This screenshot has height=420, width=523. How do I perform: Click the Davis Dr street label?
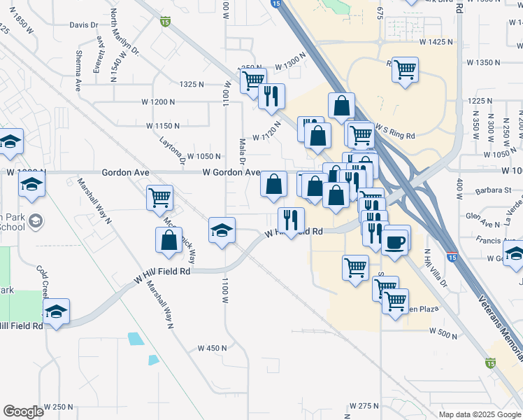click(84, 25)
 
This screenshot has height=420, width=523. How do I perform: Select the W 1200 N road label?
click(158, 102)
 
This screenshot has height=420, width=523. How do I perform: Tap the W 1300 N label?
click(291, 65)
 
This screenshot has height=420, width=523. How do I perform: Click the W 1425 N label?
click(436, 43)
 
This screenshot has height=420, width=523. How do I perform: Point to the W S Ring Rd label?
click(395, 130)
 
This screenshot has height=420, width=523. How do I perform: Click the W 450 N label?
click(213, 348)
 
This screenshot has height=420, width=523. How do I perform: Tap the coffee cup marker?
click(396, 241)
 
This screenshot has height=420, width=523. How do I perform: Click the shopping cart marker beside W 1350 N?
click(405, 70)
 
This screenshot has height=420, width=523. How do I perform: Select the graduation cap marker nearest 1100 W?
click(222, 230)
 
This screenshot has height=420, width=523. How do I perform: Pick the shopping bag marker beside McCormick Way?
click(169, 240)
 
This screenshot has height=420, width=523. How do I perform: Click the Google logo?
click(24, 412)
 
